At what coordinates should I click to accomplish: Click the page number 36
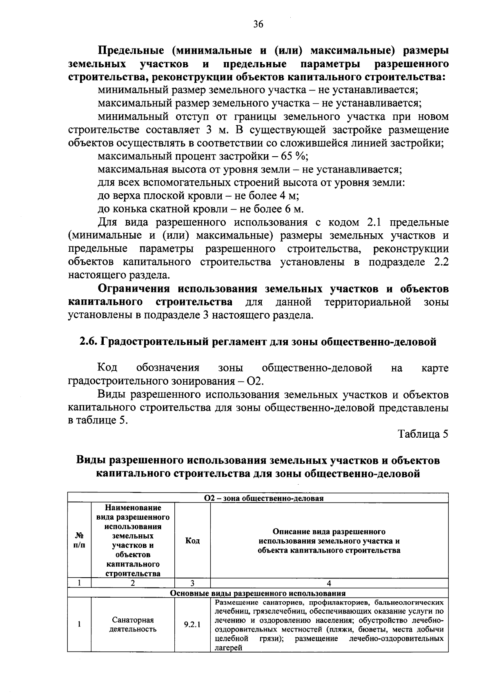click(258, 24)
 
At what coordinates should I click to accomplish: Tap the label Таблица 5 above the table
click(423, 434)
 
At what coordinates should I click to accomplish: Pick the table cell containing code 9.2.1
click(192, 625)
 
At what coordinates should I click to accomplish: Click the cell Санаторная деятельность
click(133, 625)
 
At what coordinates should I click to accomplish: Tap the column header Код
click(192, 541)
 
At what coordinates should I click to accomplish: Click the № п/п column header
click(79, 541)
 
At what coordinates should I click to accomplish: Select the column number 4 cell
click(329, 583)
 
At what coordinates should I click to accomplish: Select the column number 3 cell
click(192, 583)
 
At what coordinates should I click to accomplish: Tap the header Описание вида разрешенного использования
click(329, 541)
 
